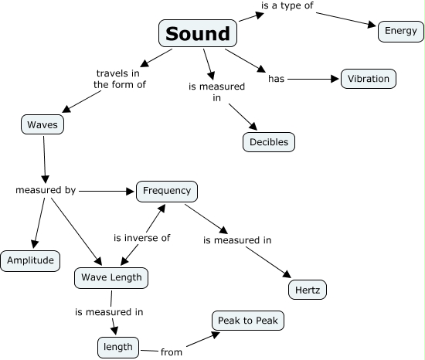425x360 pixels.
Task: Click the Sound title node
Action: click(x=198, y=34)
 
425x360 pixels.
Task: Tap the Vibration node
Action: click(x=369, y=79)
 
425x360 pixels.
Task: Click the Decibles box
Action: click(x=268, y=142)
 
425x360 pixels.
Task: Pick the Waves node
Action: click(x=42, y=124)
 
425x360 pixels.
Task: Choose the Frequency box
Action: click(x=167, y=190)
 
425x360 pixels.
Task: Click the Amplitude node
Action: click(x=30, y=260)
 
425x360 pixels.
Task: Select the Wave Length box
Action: click(x=110, y=277)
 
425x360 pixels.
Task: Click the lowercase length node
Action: click(x=119, y=348)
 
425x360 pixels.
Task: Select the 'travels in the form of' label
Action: click(x=119, y=79)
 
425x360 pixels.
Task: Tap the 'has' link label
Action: click(x=277, y=79)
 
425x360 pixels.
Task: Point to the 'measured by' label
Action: click(x=46, y=189)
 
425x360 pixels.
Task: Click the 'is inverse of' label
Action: click(x=141, y=238)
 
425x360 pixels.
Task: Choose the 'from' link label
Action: click(x=172, y=352)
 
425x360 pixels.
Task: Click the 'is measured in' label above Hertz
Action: click(x=237, y=240)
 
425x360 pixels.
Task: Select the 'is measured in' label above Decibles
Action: click(x=217, y=92)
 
